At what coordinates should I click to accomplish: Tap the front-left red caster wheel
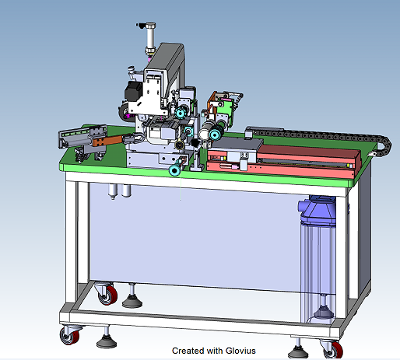pyautogui.click(x=70, y=337)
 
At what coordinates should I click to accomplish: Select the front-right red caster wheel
pyautogui.click(x=335, y=348)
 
